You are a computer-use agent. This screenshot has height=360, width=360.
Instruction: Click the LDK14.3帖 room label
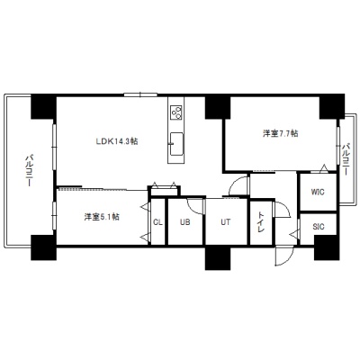click(x=117, y=141)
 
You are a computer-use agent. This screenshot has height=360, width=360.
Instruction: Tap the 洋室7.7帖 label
click(x=281, y=133)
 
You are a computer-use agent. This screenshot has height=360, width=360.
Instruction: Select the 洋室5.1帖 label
click(x=102, y=217)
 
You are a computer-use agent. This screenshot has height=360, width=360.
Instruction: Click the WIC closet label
click(x=318, y=192)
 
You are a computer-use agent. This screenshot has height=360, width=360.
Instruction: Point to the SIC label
click(x=319, y=227)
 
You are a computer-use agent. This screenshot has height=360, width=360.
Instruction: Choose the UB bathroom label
click(x=185, y=222)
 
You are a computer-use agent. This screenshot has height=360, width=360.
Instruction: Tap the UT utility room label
click(x=226, y=222)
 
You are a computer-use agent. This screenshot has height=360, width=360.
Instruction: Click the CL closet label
click(x=157, y=222)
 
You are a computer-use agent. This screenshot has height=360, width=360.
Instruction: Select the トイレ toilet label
click(x=261, y=222)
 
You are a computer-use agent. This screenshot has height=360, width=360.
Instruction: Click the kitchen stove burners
click(x=175, y=112)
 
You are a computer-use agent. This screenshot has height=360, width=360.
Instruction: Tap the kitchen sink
click(x=176, y=144)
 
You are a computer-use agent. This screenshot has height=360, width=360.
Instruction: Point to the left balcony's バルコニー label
click(x=29, y=170)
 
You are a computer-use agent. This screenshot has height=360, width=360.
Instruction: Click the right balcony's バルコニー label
click(x=346, y=159)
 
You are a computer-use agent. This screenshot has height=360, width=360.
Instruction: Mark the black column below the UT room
click(x=218, y=258)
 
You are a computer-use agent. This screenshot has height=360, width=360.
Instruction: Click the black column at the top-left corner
click(x=44, y=106)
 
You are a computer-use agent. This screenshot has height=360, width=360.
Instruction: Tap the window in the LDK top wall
click(x=140, y=94)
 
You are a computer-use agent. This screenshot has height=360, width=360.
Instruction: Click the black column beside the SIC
click(x=327, y=247)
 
